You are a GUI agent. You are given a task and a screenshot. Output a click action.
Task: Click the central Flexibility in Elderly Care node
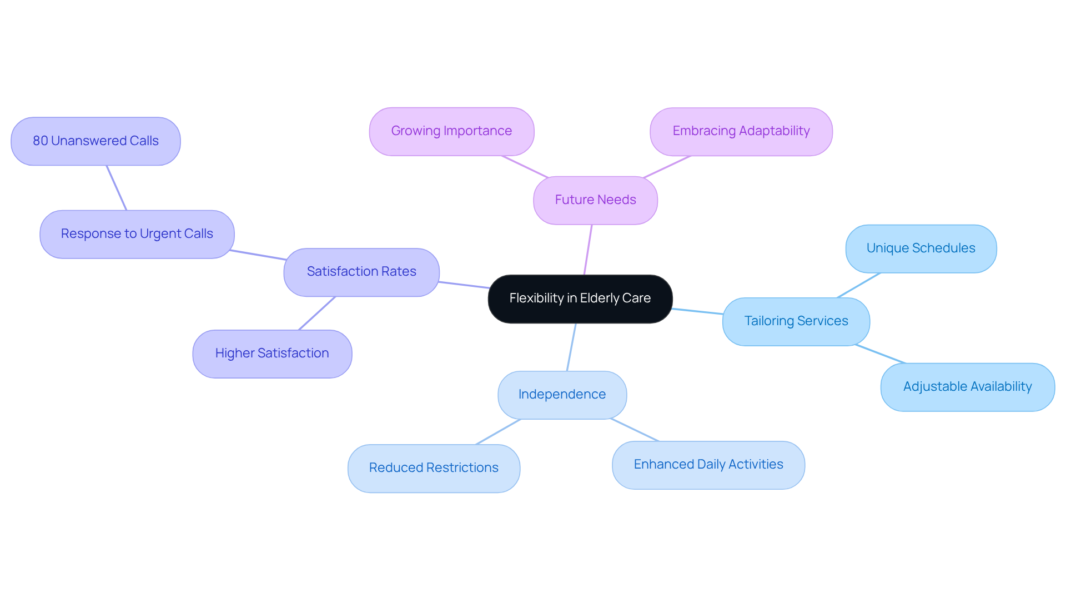click(x=580, y=298)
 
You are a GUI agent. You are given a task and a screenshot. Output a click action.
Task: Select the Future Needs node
click(x=595, y=200)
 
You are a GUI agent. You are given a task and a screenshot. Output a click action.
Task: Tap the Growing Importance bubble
click(x=451, y=131)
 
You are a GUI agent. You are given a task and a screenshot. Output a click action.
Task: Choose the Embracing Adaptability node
click(x=741, y=131)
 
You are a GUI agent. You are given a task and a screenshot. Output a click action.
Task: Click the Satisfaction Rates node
click(x=361, y=272)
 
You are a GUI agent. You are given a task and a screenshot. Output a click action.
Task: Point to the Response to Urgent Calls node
click(x=137, y=234)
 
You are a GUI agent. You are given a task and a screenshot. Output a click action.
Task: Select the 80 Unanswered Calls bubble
click(x=95, y=141)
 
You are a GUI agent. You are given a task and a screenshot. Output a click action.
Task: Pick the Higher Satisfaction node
click(x=272, y=354)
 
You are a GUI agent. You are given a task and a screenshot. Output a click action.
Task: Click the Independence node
click(x=562, y=395)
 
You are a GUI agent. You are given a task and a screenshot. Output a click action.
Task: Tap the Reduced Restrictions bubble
click(x=434, y=468)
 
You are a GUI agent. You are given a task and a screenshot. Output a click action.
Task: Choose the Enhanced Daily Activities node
click(x=708, y=465)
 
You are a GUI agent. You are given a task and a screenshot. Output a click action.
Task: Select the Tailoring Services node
click(x=796, y=321)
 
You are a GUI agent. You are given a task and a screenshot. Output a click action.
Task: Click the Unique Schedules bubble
click(x=921, y=248)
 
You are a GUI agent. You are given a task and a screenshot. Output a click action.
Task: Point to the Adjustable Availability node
click(x=967, y=387)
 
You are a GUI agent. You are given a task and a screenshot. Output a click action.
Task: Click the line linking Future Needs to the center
click(x=588, y=250)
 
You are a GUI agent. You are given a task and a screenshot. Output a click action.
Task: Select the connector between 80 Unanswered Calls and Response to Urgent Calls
click(x=117, y=188)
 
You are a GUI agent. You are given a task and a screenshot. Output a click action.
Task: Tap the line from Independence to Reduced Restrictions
click(x=498, y=432)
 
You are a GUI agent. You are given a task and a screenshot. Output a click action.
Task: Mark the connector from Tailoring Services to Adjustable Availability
click(x=881, y=354)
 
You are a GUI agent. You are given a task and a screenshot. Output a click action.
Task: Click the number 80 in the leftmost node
click(x=40, y=141)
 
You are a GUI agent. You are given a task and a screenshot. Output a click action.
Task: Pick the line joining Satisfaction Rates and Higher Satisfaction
click(x=317, y=313)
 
